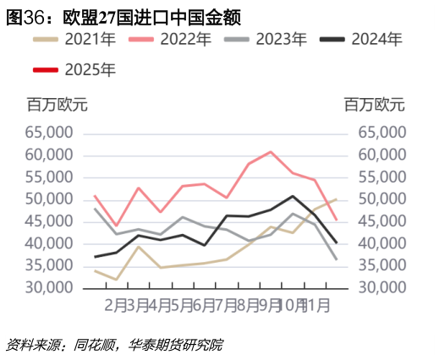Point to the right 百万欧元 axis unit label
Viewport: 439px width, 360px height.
(x=374, y=105)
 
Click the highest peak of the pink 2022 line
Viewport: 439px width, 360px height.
(x=270, y=152)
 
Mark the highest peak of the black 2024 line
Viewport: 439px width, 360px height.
(x=292, y=196)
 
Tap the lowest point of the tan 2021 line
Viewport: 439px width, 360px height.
(x=116, y=279)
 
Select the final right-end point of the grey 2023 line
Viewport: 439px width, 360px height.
(x=337, y=259)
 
